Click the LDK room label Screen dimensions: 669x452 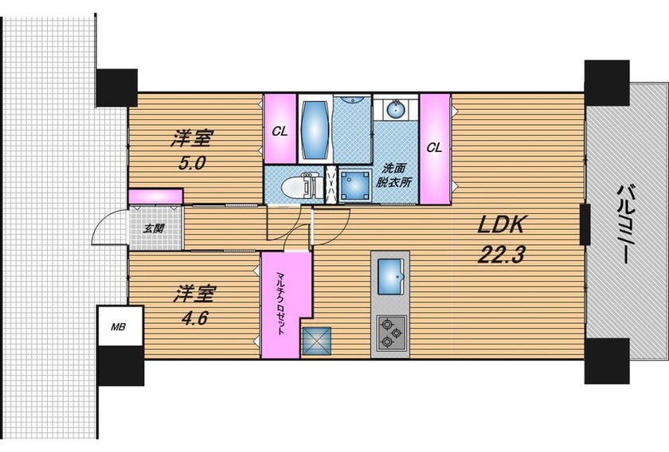[500, 224]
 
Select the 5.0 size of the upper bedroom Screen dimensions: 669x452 [192, 162]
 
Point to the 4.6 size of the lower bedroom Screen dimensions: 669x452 [194, 318]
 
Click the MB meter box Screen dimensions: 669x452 [118, 327]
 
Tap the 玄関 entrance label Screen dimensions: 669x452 [153, 229]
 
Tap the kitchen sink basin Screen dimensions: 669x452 [390, 276]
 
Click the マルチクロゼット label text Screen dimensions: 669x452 [280, 302]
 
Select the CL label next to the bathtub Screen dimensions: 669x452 [280, 132]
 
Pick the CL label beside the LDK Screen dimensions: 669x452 [434, 148]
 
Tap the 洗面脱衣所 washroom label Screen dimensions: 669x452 [393, 175]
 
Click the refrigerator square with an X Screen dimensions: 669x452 [317, 341]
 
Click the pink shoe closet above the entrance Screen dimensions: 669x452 [156, 197]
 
